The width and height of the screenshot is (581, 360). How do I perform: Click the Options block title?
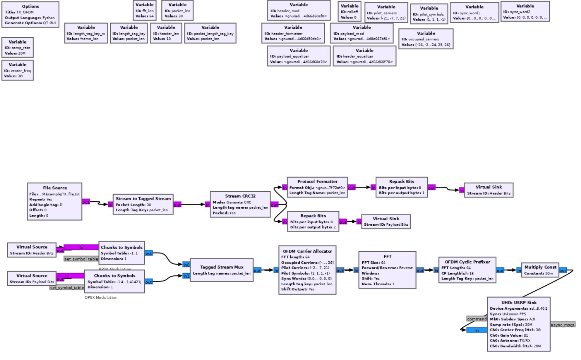[31, 7]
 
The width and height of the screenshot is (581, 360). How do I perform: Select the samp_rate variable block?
[17, 47]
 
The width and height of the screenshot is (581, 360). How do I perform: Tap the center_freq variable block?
[17, 70]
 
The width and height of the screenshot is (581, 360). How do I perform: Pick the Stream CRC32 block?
[240, 204]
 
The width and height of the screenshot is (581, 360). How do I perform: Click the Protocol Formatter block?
[317, 187]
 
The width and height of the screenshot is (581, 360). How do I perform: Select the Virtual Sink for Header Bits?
[488, 190]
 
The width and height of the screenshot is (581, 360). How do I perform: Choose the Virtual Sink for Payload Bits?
[386, 221]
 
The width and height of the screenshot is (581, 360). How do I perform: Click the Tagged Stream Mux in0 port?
[186, 265]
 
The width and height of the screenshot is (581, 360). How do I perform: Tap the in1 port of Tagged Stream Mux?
[186, 276]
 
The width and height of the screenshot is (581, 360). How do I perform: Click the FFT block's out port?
[420, 271]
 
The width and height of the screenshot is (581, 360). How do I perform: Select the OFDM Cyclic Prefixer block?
[467, 270]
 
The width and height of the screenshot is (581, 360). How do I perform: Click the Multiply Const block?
[540, 270]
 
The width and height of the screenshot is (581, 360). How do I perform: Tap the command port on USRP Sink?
[477, 319]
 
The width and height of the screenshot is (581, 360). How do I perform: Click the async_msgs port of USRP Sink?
[562, 325]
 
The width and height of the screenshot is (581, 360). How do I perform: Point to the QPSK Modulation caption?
[101, 298]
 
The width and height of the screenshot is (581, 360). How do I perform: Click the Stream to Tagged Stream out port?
[177, 205]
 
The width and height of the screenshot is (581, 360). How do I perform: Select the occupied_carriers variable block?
[426, 39]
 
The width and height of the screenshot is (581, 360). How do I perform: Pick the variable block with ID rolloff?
[349, 11]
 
